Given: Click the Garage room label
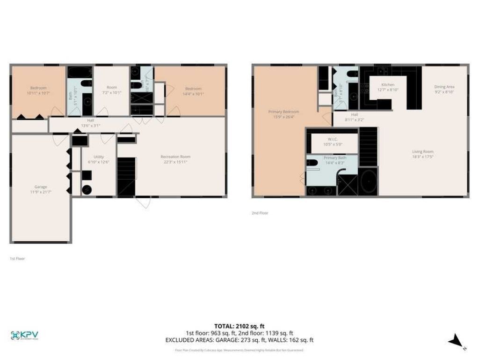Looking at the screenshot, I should click(40, 187).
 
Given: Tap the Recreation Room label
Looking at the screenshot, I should click(175, 157).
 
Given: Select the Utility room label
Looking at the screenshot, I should click(98, 157).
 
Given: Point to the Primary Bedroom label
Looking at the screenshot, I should click(283, 112).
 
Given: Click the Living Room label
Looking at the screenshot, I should click(422, 151).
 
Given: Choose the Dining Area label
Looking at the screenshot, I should click(444, 87).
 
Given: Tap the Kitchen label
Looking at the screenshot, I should click(388, 85).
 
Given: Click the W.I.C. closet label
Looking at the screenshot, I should click(333, 139).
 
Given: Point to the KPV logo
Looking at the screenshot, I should click(24, 335).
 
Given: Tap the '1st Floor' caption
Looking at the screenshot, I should click(17, 258).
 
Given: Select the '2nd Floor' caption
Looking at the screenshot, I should click(260, 213).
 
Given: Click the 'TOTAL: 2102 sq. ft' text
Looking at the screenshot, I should click(239, 326).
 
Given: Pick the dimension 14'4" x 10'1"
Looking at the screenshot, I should click(193, 94).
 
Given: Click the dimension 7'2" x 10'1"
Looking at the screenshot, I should click(111, 93).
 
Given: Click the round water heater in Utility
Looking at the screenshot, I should click(87, 189).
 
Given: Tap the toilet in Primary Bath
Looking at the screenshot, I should click(312, 163).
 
